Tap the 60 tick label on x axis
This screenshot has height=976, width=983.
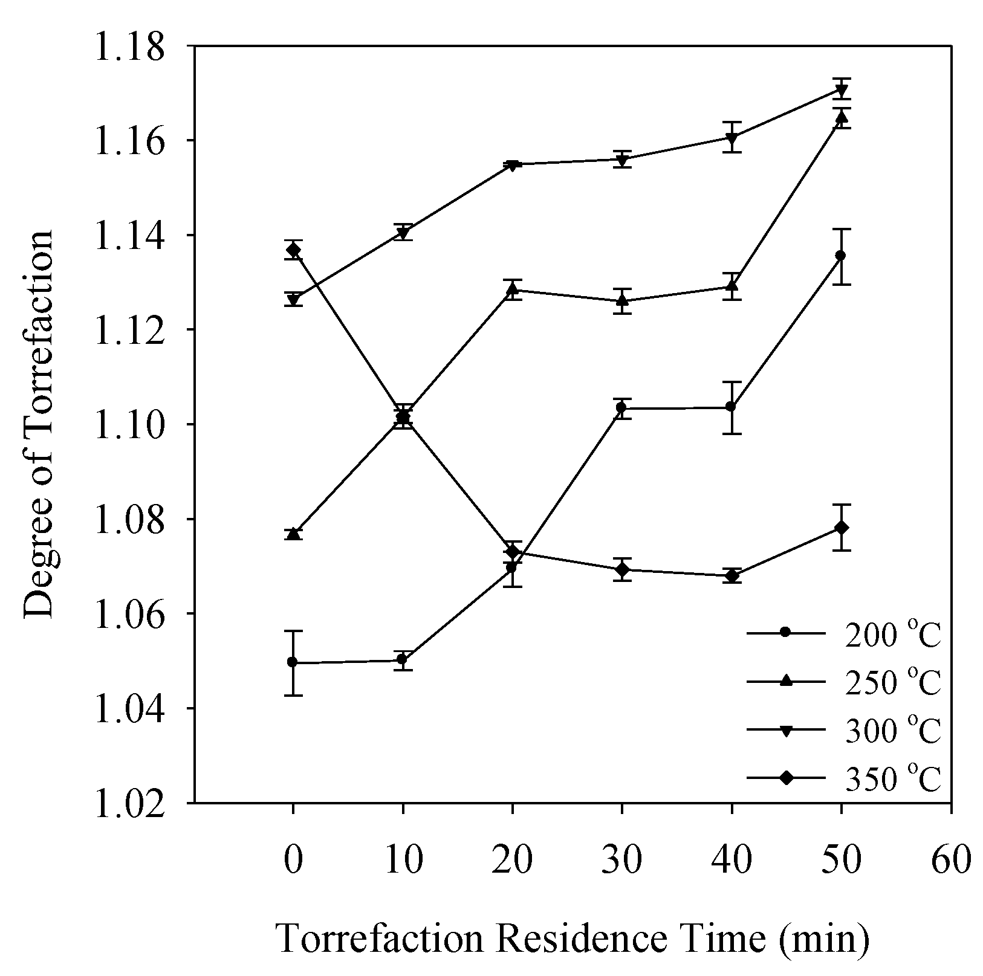pos(952,859)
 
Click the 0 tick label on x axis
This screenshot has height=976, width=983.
pos(293,859)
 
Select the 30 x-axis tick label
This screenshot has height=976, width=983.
pos(622,859)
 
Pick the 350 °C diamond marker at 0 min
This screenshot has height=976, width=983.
pos(294,250)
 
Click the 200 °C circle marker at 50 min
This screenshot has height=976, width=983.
pos(841,256)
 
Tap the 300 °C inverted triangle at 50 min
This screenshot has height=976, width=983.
pos(841,90)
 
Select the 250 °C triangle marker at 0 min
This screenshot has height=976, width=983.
pos(294,533)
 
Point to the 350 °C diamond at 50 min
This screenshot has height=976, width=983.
pos(841,528)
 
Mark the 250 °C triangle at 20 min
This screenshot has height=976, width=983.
pos(513,289)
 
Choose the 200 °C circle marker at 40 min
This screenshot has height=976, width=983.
pos(732,407)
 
